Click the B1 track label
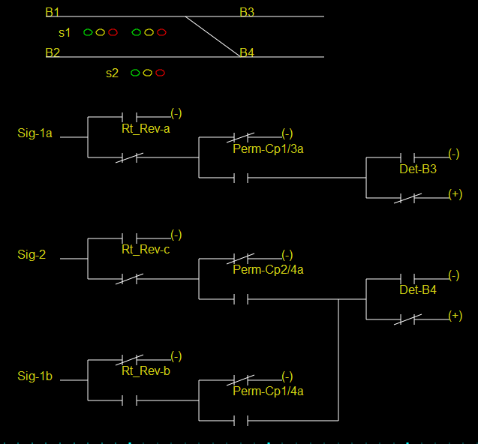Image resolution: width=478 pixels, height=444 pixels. click(53, 13)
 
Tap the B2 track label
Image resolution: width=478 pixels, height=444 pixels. click(53, 53)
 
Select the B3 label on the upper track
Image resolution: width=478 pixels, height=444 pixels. click(247, 13)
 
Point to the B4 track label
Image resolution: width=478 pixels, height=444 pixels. click(247, 53)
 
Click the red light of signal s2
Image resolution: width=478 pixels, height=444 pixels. click(161, 73)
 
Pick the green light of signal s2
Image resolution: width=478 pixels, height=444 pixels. click(135, 73)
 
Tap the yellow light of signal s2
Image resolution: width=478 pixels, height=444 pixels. click(148, 73)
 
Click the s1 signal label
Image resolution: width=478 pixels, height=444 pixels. click(65, 33)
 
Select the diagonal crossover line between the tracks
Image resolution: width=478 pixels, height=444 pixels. click(212, 35)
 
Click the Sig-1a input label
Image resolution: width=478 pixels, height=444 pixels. click(35, 133)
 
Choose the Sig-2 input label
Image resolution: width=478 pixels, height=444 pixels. click(32, 255)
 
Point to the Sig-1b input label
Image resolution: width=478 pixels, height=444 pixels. click(35, 376)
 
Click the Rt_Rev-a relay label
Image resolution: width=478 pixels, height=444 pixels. click(146, 129)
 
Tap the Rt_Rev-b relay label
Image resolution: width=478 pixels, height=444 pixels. click(146, 371)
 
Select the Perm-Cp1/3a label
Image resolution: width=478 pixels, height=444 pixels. click(268, 149)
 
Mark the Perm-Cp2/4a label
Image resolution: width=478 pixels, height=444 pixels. click(268, 270)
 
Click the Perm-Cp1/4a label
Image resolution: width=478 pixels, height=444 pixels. click(268, 391)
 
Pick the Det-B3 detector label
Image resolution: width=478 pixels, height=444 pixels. click(418, 169)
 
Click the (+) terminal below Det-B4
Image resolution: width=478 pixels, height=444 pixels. click(455, 316)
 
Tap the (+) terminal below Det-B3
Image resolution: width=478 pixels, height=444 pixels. click(455, 194)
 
